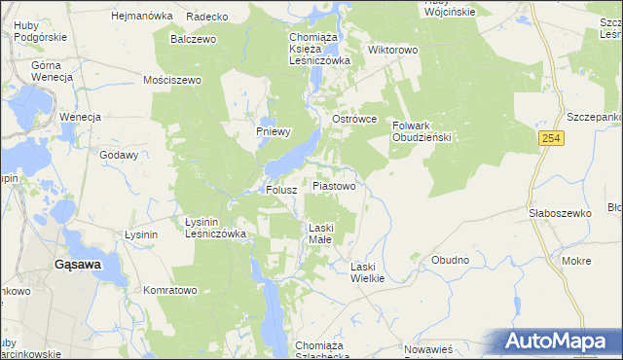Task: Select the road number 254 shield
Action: pos(550,140)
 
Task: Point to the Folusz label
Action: pos(281,191)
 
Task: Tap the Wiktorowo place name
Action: pos(392,49)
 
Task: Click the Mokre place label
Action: pos(576,261)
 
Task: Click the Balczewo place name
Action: pos(193,40)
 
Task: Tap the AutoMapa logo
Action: pos(554,342)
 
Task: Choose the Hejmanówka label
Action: pos(142,17)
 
